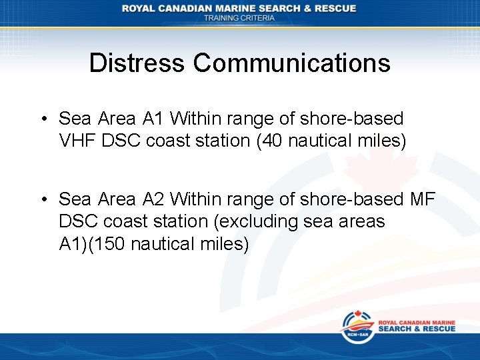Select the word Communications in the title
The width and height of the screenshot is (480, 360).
tap(292, 63)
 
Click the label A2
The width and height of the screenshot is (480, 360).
tap(153, 199)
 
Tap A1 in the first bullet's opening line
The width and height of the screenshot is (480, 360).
tap(153, 119)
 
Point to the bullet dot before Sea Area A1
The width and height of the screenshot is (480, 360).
tap(42, 119)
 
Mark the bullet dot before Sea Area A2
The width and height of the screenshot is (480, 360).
tap(42, 199)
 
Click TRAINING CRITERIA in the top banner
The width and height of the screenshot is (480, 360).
tap(239, 18)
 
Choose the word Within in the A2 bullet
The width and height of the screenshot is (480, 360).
tap(198, 199)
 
